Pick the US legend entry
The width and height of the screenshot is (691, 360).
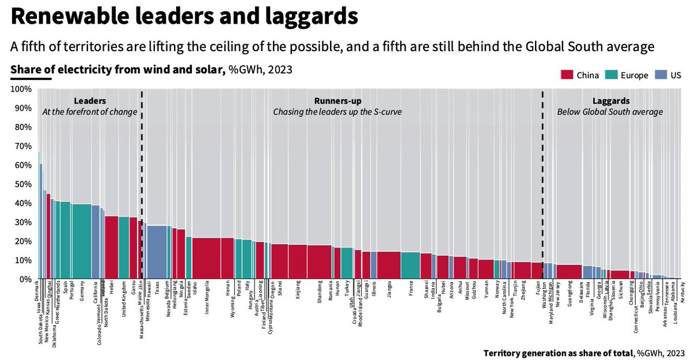pos(670,75)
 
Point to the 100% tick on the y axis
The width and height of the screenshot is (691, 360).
pos(21,89)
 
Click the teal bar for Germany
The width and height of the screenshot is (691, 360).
pos(82,242)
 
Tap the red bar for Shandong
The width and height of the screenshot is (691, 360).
pos(320,262)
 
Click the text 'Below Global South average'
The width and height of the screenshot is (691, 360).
pos(610,112)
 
